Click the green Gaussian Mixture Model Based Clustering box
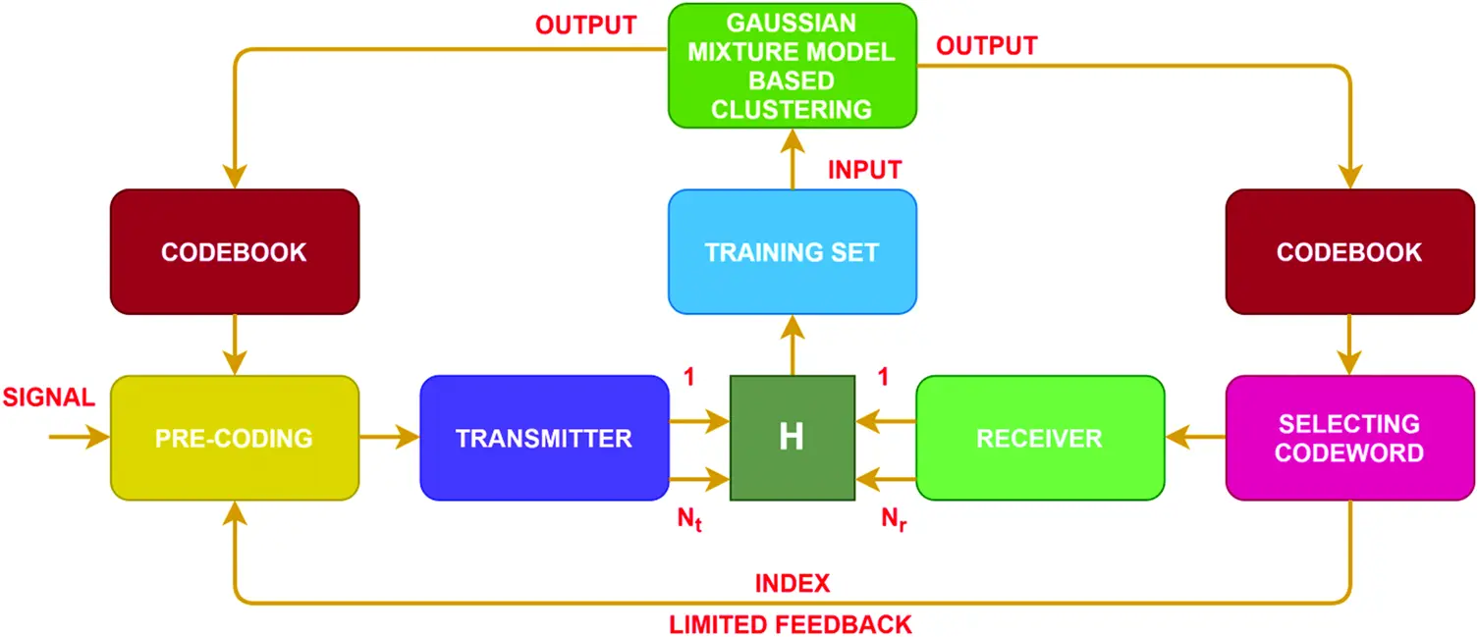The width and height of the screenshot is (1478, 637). point(792,65)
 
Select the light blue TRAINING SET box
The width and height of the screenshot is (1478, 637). point(792,252)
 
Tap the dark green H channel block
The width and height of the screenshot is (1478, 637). point(792,438)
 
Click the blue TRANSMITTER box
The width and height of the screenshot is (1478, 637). point(544,438)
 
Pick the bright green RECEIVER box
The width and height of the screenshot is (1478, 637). point(1039,438)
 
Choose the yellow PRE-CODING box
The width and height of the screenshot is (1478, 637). point(235,438)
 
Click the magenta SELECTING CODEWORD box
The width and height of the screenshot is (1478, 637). point(1349,438)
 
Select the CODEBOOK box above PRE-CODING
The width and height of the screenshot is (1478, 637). point(235,252)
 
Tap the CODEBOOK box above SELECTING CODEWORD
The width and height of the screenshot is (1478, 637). point(1349,252)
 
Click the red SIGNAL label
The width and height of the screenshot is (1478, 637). point(49,398)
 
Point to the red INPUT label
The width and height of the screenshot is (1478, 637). point(864,170)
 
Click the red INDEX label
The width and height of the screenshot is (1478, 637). point(793,584)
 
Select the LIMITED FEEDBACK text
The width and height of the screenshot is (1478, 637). point(791,623)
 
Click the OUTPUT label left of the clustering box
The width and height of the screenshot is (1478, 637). point(586,26)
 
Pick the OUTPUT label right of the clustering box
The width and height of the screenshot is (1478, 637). point(986,45)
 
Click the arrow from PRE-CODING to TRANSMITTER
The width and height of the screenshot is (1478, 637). point(390,438)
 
